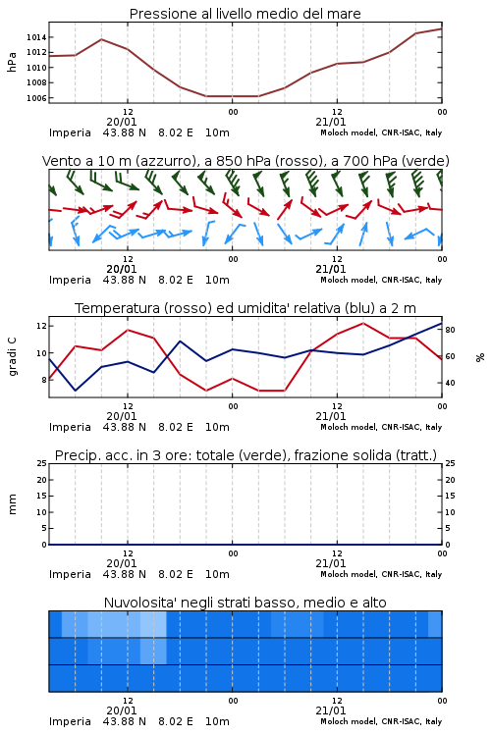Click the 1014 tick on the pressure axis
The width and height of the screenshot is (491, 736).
click(36, 37)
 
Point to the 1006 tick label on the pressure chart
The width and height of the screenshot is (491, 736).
click(36, 98)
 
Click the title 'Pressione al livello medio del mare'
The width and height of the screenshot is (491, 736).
click(245, 14)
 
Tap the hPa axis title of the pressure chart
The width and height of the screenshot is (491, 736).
click(12, 62)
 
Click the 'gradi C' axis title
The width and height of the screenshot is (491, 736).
click(13, 357)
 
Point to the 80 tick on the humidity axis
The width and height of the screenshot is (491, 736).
click(450, 330)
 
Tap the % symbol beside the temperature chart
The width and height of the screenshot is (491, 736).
click(480, 357)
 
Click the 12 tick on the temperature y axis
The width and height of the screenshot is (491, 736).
click(41, 325)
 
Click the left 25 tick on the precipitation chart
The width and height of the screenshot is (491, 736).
click(42, 463)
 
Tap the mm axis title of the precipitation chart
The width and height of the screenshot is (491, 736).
click(12, 504)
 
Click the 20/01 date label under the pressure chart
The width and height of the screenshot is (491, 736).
click(122, 122)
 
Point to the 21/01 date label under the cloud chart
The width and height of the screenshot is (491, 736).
click(331, 710)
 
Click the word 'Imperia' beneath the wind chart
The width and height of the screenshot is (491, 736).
click(70, 281)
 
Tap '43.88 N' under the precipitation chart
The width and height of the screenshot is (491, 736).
click(125, 574)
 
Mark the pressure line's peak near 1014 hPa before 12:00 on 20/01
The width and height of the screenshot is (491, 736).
click(101, 39)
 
